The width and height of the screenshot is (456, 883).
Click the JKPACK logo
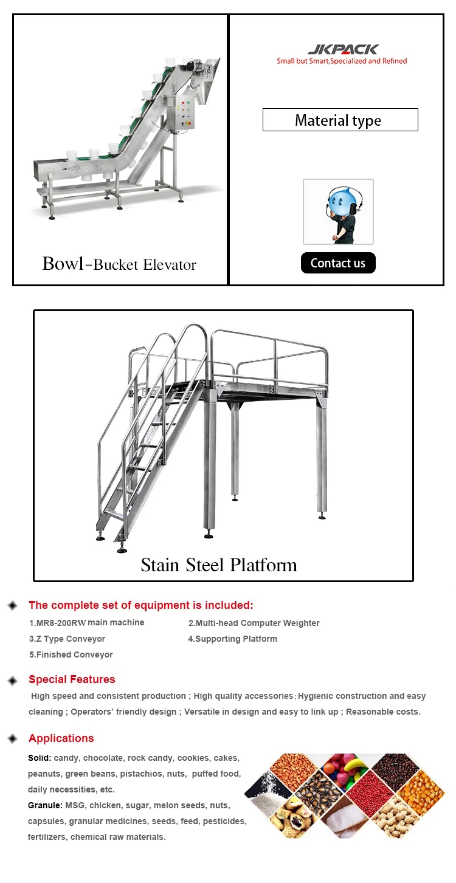[342, 49]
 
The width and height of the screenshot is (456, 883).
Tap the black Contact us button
[338, 263]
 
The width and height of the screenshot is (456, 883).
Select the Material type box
[340, 120]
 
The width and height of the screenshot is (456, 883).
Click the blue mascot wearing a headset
[338, 211]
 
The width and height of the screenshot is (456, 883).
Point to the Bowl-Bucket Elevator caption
[119, 264]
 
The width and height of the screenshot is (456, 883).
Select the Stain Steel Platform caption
[219, 565]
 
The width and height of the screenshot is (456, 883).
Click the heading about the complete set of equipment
[140, 605]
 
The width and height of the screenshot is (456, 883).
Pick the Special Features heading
[72, 679]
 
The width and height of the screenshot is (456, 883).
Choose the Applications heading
[61, 738]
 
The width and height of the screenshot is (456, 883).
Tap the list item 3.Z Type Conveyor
[67, 639]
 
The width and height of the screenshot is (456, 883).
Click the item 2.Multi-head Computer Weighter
[254, 623]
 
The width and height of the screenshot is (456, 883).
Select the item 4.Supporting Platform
[232, 639]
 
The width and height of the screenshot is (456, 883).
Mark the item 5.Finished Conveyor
[71, 655]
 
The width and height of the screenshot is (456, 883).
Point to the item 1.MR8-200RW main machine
[87, 623]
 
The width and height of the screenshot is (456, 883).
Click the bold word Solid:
[40, 758]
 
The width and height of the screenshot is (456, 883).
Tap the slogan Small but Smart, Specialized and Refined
[342, 61]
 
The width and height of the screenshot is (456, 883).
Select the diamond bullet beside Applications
[12, 739]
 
